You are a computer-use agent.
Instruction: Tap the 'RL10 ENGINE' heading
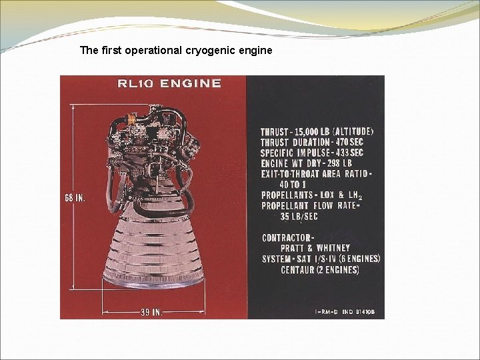point(169,83)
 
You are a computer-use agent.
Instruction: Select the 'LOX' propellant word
point(329,195)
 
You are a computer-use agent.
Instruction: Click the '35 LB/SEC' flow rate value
point(299,217)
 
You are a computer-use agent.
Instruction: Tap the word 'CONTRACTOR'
point(287,238)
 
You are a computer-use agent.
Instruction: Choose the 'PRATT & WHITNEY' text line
point(315,248)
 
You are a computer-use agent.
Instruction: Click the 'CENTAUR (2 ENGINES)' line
point(319,269)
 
